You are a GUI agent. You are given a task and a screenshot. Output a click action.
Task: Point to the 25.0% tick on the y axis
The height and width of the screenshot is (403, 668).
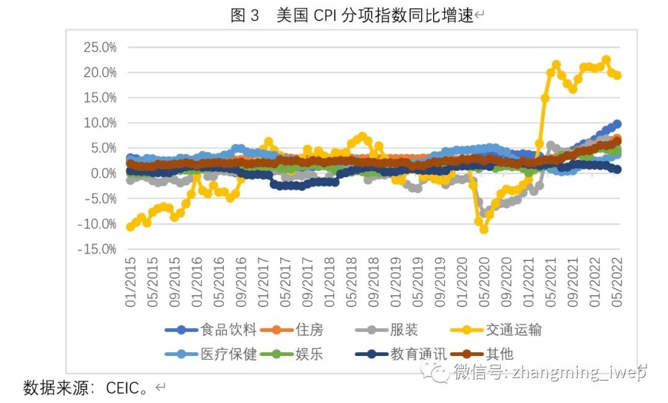98,47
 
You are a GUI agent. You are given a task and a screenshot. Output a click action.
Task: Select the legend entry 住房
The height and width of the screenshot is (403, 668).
309,330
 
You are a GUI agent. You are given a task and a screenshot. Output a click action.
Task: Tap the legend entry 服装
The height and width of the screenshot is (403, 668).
405,330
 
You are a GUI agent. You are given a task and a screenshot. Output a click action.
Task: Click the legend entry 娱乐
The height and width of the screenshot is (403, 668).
309,354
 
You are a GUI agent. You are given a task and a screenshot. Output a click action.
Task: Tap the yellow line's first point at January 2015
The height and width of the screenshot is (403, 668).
131,227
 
